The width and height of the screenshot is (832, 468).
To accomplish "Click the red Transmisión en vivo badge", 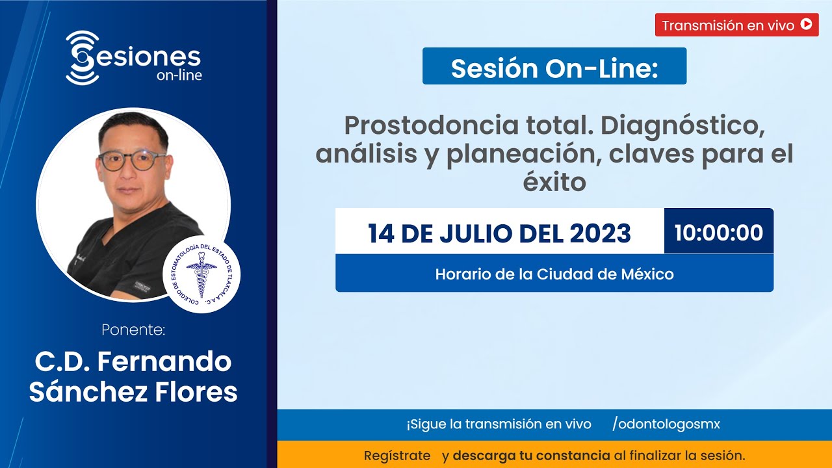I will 736,25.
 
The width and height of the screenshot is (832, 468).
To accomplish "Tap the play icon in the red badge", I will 806,25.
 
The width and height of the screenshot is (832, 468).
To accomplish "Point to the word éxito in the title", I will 554,183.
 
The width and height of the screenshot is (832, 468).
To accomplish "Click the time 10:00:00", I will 718,232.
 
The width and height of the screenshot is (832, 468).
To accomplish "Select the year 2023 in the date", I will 600,233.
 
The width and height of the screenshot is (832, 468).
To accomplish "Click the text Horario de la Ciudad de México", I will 554,274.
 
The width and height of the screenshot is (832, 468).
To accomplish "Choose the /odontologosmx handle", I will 666,424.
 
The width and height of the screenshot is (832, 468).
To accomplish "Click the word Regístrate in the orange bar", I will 396,455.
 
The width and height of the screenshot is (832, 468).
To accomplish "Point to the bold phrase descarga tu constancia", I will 531,455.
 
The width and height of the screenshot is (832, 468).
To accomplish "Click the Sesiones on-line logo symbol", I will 82,57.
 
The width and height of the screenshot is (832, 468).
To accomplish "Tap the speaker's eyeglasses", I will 132,159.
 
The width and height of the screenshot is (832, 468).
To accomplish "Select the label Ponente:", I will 133,330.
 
